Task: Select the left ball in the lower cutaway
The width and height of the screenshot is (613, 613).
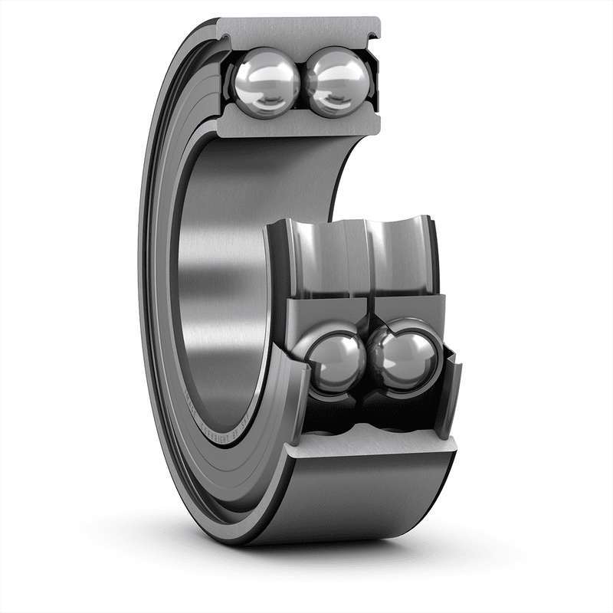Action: (x=338, y=357)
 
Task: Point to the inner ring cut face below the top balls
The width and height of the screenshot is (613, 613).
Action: (x=299, y=123)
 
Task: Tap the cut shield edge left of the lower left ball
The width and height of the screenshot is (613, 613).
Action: (x=294, y=375)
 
